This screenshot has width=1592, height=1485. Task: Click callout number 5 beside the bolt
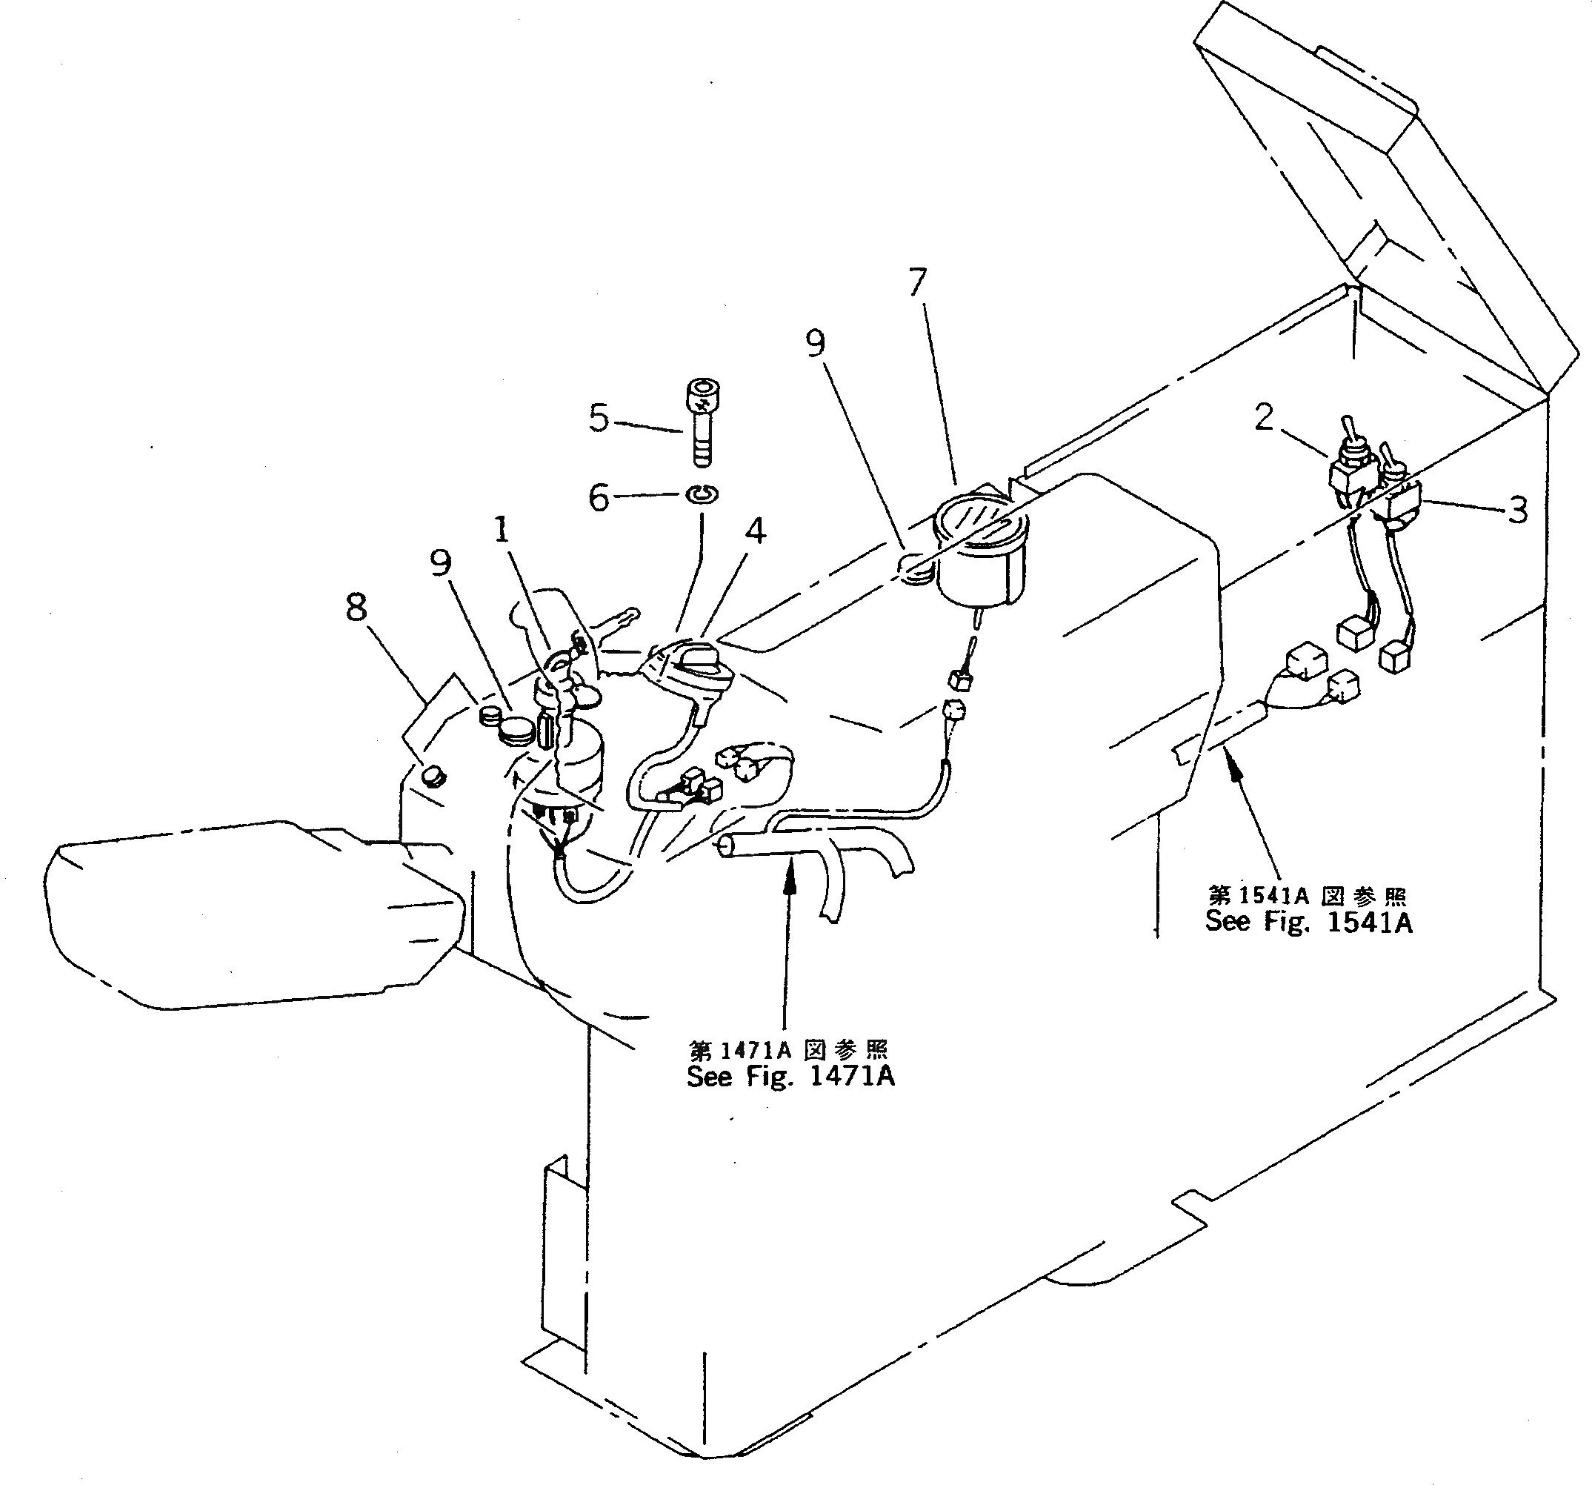click(598, 418)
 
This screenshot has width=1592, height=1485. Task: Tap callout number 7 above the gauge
click(918, 282)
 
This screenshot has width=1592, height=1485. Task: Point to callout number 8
click(356, 607)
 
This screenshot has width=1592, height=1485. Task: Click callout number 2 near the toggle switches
click(1263, 416)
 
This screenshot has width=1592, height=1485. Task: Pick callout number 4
click(755, 531)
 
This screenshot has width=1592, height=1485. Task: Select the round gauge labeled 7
click(981, 553)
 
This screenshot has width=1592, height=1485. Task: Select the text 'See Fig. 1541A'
click(1308, 923)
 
